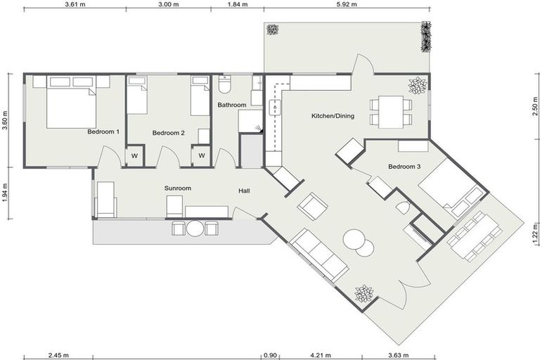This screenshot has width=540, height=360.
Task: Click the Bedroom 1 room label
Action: [x=103, y=131]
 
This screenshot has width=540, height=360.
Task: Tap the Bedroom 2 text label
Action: [x=169, y=132]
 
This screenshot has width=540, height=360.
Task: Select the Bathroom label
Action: [x=231, y=105]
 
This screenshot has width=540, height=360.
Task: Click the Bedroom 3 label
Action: [x=404, y=167]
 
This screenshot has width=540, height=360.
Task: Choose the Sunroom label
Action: [x=177, y=188]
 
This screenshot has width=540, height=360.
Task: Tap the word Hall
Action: [x=245, y=190]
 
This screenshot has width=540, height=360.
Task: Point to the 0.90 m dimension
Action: [x=270, y=355]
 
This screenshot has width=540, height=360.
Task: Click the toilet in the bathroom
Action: [x=225, y=85]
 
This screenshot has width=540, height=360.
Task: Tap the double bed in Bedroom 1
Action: [x=70, y=105]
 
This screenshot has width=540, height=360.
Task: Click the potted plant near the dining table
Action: [x=418, y=86]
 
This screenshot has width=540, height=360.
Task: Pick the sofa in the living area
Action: [x=320, y=255]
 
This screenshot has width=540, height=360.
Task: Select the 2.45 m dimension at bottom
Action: [x=58, y=355]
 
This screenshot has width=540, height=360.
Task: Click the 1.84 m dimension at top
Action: [x=238, y=4]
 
